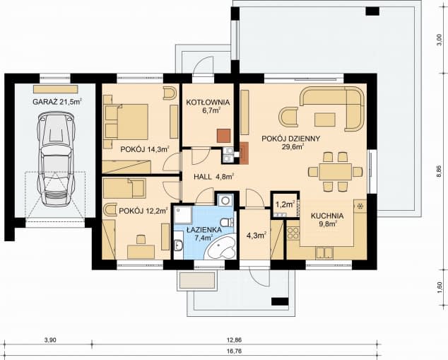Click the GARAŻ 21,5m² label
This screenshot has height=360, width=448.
coord(57,102)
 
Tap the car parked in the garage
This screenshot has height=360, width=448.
coord(56,158)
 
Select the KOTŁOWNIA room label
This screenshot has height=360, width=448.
coord(208,102)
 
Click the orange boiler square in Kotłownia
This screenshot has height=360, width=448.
coord(223,136)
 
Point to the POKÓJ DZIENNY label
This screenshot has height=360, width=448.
coord(291,139)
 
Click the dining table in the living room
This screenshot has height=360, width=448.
coord(335,172)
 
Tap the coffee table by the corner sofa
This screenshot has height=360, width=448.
coord(325,120)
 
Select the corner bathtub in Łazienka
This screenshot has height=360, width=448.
coord(221,248)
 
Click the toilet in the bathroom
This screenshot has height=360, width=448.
coord(228,222)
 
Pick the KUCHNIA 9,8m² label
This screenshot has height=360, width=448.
coord(327,219)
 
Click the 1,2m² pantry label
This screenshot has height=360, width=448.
coord(285,204)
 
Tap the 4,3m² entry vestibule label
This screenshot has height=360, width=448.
coord(257,236)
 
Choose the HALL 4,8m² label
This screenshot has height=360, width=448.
coord(214,177)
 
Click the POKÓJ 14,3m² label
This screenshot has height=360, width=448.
coord(145,149)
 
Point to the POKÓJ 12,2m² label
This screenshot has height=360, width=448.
coord(143,211)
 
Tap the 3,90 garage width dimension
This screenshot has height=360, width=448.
coord(50,340)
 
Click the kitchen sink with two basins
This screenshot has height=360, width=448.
coord(324,253)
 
